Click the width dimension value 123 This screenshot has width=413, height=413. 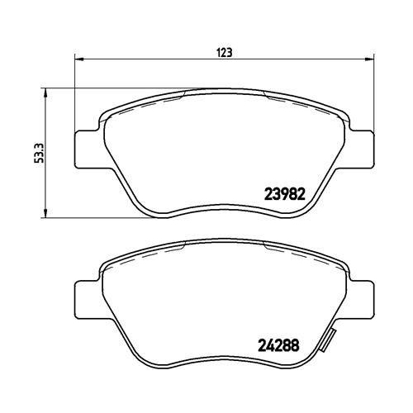tap(224, 51)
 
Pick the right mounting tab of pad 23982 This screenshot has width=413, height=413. tap(360, 150)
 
